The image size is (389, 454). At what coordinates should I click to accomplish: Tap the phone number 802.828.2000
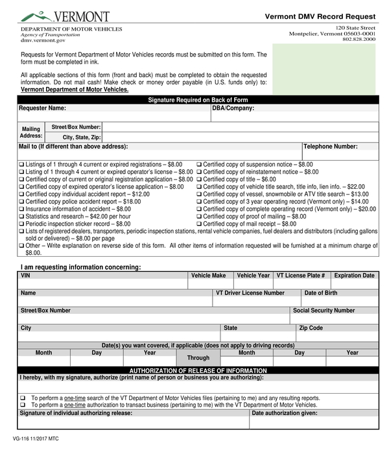tap(359, 40)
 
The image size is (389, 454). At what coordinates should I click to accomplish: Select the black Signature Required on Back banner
tap(198, 100)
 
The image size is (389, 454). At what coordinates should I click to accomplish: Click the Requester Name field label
tap(42, 108)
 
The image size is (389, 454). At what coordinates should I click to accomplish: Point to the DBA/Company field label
tap(233, 108)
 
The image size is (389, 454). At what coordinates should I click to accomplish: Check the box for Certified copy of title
tap(199, 180)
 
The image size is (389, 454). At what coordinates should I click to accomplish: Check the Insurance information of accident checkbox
tap(21, 209)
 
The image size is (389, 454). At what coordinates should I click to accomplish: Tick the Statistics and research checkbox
tap(21, 217)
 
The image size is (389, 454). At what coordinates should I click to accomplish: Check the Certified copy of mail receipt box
tap(199, 224)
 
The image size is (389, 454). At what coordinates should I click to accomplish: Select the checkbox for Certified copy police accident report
tap(21, 202)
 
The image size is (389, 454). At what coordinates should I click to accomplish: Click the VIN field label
tap(25, 276)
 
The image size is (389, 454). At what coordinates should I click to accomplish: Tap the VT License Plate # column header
tap(300, 276)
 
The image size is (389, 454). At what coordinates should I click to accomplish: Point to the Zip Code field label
tap(311, 328)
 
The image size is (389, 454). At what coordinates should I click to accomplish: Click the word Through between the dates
tap(198, 358)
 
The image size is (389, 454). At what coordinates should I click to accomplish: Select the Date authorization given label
tap(285, 412)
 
